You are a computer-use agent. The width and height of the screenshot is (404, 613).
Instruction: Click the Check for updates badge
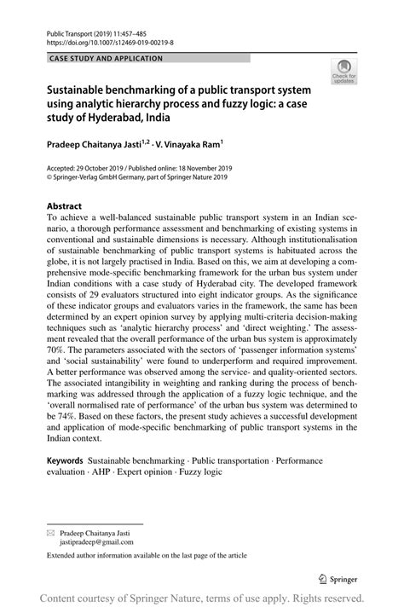[x=344, y=72]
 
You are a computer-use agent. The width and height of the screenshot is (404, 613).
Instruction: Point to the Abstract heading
[x=64, y=206]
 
